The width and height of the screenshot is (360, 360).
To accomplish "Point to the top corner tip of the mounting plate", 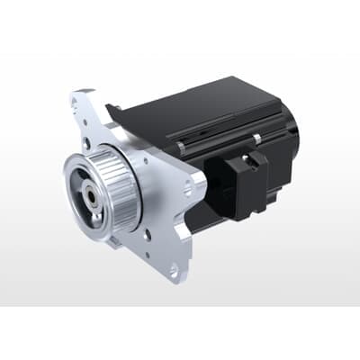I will tap(79, 92).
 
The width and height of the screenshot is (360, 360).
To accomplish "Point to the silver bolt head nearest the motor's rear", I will tap(256, 137).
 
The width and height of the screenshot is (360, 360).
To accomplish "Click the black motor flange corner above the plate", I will tap(112, 109).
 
